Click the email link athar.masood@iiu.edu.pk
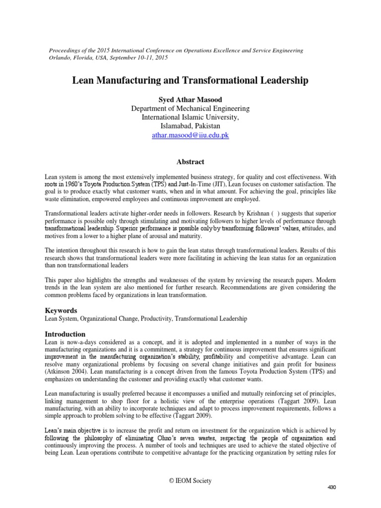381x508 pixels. (x=190, y=135)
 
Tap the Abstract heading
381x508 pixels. (x=190, y=162)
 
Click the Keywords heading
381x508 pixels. (x=61, y=310)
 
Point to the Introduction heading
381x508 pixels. (x=65, y=334)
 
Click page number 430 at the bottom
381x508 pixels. (x=332, y=488)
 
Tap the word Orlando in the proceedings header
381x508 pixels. (x=58, y=58)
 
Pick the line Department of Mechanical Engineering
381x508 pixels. (x=190, y=109)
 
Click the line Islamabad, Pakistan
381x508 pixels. (x=190, y=126)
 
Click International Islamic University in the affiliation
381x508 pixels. (x=190, y=118)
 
